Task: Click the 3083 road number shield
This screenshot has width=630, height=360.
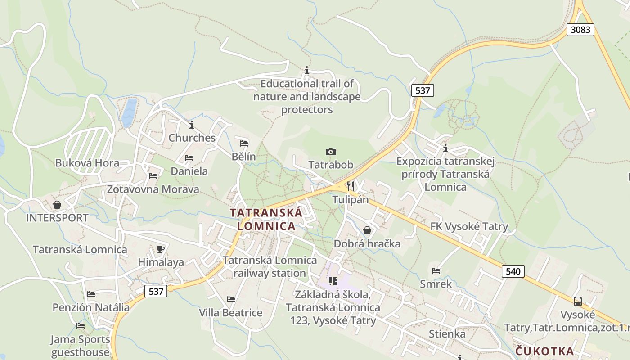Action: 580,30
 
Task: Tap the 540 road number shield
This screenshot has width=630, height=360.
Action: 513,271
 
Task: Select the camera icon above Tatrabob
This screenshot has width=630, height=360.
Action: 331,152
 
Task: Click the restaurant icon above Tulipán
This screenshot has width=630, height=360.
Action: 351,186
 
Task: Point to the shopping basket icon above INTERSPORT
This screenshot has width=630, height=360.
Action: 57,205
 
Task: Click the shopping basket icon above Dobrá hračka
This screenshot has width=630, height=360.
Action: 367,231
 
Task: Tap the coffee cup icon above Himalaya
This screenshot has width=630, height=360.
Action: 161,249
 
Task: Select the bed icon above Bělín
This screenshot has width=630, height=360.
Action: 244,144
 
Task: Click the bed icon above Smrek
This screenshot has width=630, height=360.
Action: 436,271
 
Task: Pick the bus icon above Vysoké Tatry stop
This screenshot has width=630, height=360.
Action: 578,301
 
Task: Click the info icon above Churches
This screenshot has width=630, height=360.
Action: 192,125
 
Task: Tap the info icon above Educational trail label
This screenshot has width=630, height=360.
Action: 307,71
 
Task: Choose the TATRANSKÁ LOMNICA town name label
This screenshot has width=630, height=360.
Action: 266,219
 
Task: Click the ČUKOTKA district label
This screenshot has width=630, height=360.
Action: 544,351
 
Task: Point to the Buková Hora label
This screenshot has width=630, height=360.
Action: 87,163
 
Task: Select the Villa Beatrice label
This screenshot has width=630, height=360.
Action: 231,312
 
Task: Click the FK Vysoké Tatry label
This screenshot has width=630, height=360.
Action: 469,226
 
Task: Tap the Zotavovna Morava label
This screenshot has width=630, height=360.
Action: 153,189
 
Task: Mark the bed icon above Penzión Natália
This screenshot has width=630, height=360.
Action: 91,294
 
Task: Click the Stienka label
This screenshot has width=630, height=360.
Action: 447,334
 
